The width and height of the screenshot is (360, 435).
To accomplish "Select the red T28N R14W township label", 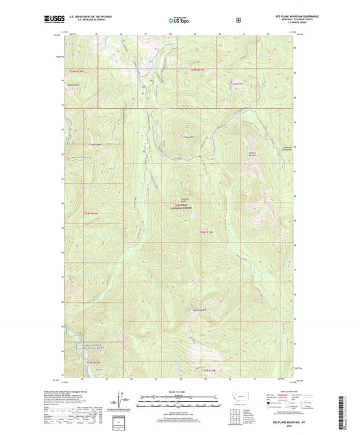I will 92,214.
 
